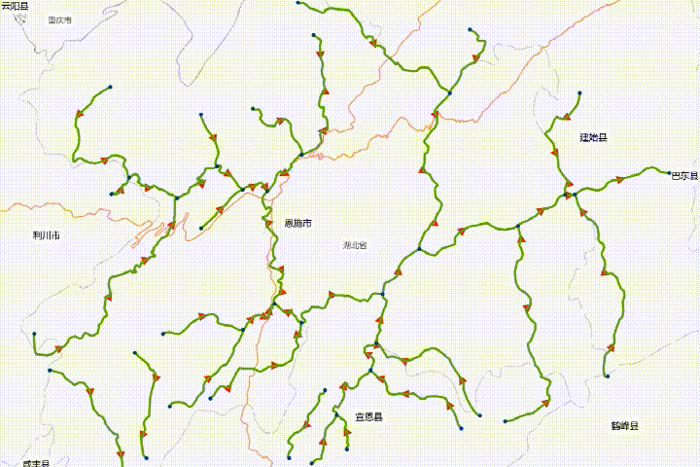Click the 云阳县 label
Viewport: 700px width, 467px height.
coord(15,6)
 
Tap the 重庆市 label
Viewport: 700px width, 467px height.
coord(60,19)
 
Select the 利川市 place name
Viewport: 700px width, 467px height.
coord(46,235)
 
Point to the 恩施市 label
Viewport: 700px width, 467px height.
coord(297,224)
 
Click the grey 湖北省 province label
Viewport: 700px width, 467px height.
coord(356,245)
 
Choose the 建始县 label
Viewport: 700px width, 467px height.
coord(593,138)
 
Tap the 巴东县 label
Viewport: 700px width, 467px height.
coord(685,176)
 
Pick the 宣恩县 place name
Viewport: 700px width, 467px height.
coord(368,416)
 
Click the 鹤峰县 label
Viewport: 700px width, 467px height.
coord(624,426)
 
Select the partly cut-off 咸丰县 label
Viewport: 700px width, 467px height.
coord(36,464)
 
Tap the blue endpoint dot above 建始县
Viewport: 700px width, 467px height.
coord(579,93)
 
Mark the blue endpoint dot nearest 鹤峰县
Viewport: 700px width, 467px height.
coord(607,376)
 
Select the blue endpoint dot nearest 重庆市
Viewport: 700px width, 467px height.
coord(112,88)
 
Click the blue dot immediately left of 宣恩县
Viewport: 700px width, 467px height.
coord(336,414)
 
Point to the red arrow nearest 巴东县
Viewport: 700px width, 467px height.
coord(619,180)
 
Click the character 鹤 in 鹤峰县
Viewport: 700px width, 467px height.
coord(615,426)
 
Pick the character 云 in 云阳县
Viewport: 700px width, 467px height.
coord(6,6)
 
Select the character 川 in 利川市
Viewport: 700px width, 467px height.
coord(46,235)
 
